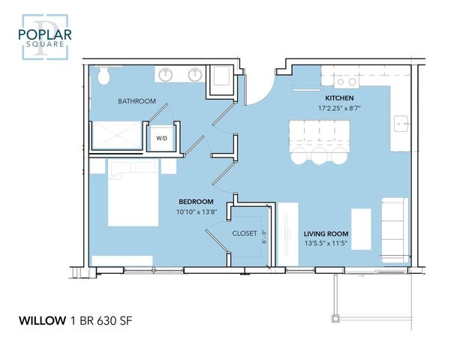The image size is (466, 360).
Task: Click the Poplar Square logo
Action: tap(45, 37)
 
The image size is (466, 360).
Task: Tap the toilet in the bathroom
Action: tap(104, 75)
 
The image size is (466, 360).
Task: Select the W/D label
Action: tap(161, 139)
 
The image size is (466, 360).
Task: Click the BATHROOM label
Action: tap(137, 101)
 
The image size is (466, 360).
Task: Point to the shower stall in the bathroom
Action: tap(117, 135)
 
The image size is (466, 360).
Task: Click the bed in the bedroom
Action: tap(133, 193)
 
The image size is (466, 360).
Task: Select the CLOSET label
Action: tap(245, 233)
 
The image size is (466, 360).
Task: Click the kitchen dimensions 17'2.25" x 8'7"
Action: tap(339, 109)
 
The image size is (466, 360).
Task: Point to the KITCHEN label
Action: tap(339, 98)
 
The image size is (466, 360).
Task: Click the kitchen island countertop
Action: tap(320, 133)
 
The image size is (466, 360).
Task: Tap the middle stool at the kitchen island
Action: tap(320, 156)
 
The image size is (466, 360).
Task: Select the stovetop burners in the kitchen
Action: tap(347, 82)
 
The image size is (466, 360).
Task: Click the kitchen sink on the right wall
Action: tap(401, 124)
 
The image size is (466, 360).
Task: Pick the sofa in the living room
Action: tap(395, 230)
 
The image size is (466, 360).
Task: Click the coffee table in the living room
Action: tap(362, 229)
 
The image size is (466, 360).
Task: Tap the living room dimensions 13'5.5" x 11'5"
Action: tap(326, 244)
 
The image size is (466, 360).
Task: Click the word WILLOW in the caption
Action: tap(43, 321)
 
